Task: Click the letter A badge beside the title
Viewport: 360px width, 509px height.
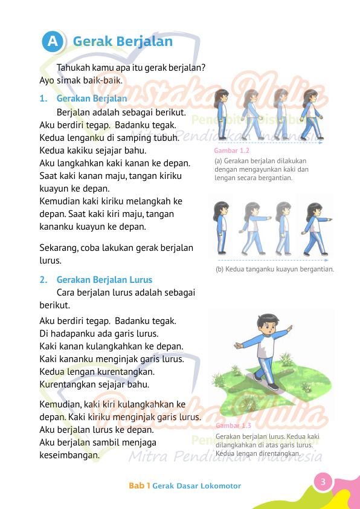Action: point(53,41)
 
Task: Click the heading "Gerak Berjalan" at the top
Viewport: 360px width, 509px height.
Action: point(123,41)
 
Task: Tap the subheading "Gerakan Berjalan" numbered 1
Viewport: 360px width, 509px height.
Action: point(91,98)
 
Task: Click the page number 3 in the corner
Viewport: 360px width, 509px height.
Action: point(323,482)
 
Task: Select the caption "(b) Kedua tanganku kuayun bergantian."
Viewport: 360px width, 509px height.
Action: point(275,269)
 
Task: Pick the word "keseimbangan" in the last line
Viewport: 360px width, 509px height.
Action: point(69,456)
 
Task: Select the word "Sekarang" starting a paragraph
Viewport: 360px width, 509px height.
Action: point(61,248)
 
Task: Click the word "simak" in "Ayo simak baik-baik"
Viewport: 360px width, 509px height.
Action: point(71,80)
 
